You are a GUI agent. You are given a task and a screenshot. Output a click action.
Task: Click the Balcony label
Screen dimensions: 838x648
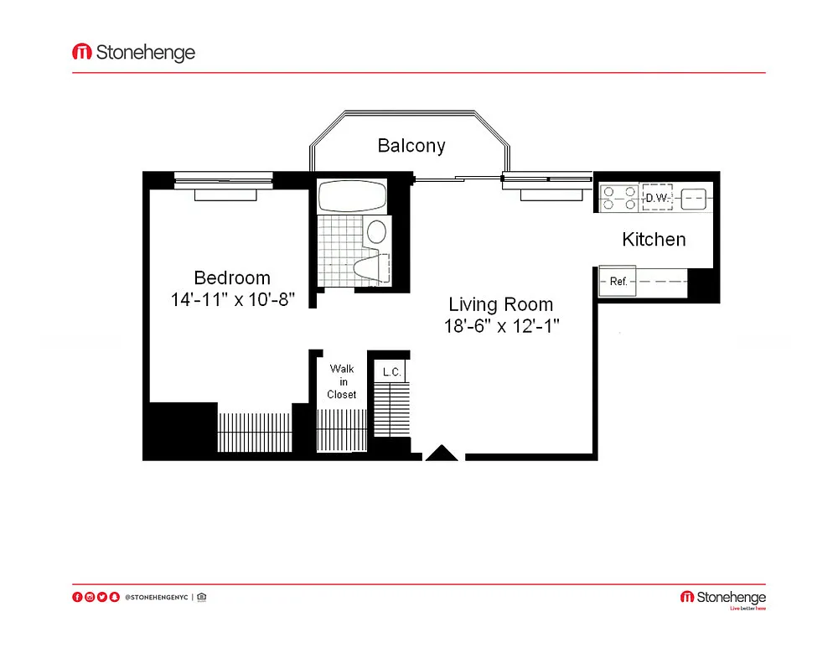pos(411,145)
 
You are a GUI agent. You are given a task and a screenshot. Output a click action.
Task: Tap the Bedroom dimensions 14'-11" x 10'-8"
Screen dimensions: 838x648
pos(232,299)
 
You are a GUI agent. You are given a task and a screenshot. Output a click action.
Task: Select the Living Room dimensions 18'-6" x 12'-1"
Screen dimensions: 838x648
pos(501,325)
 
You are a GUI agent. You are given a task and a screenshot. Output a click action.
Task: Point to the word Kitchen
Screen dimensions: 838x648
pos(654,240)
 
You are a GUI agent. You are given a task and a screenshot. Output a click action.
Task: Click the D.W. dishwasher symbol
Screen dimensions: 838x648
pos(657,198)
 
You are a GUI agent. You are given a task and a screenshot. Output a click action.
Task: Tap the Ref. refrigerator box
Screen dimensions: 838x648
pos(618,281)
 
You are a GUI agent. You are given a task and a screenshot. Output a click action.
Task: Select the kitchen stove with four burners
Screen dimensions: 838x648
pos(619,198)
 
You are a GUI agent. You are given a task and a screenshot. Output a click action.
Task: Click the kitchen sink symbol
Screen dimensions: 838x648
pos(694,199)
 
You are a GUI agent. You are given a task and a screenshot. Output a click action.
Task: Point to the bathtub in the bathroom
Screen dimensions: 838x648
pos(352,196)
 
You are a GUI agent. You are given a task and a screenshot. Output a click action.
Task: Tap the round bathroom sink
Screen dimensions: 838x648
pos(377,232)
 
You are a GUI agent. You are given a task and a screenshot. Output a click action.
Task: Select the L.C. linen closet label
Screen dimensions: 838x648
pos(391,372)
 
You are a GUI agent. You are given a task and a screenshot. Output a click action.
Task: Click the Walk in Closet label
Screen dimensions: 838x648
pos(342,381)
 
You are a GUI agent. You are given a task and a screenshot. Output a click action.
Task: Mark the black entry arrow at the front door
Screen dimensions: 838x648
pos(442,453)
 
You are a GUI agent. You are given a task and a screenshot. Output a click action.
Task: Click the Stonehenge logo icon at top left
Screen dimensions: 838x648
pos(82,52)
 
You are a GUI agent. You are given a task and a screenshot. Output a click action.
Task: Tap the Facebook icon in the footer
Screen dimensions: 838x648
pos(77,597)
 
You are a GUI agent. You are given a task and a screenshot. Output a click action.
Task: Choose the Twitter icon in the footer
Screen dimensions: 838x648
pos(102,597)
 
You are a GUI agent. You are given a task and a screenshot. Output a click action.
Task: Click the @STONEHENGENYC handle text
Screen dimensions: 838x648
pos(157,597)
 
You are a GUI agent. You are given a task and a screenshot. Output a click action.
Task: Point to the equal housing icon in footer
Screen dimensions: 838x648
pos(201,597)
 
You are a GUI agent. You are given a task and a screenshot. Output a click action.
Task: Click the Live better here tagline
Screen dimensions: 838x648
pos(747,609)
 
